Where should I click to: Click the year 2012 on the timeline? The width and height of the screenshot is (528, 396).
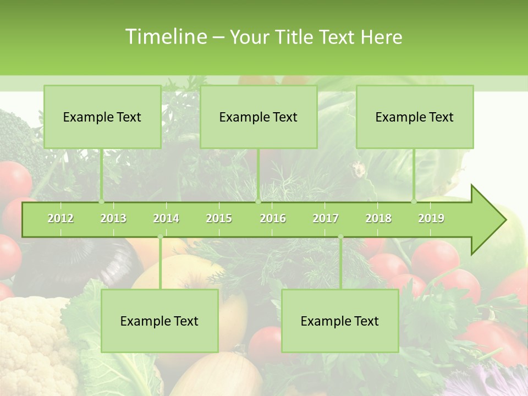[x=61, y=218]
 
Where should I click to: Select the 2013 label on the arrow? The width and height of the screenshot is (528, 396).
[x=113, y=218]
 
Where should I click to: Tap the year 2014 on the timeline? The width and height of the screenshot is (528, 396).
[x=166, y=218]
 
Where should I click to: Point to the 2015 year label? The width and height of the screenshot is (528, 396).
[x=219, y=218]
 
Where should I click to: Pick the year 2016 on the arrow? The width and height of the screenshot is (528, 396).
[x=273, y=218]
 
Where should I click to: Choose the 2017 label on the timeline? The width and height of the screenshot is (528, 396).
[x=326, y=218]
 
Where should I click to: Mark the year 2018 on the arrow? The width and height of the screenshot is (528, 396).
[x=378, y=218]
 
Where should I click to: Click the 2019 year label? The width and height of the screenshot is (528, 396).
[x=431, y=218]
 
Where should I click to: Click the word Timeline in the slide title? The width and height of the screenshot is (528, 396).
[x=164, y=37]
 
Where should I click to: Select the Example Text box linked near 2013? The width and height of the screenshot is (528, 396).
[x=102, y=117]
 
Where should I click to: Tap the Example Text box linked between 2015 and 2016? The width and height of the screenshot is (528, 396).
[x=258, y=117]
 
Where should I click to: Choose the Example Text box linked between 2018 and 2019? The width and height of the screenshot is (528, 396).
[x=415, y=117]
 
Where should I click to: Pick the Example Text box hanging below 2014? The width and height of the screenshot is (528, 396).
[x=159, y=321]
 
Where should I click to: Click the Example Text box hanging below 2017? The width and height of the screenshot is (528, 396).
[x=340, y=321]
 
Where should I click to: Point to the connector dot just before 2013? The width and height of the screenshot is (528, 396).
[x=102, y=201]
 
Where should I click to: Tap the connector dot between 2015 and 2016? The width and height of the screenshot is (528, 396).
[x=258, y=201]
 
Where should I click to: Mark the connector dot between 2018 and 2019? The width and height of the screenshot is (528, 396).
[x=414, y=201]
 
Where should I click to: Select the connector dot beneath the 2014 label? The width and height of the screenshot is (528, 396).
[x=160, y=237]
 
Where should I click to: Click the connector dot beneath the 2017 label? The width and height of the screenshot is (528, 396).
[x=340, y=237]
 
